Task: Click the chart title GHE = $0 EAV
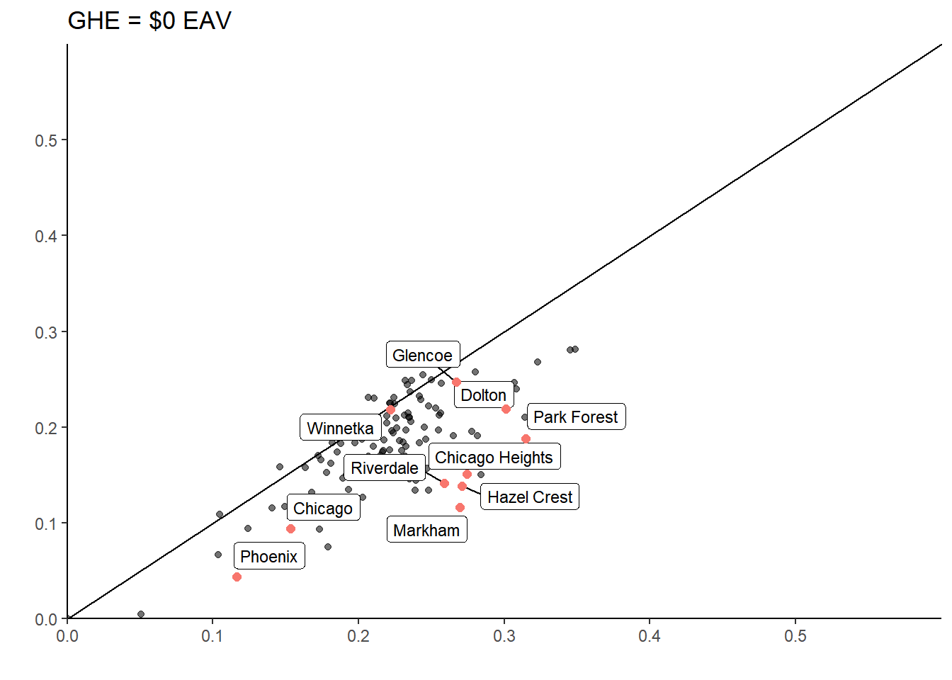(x=149, y=21)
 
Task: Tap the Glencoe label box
(x=422, y=355)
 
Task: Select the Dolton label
(x=483, y=395)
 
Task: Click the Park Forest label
(x=575, y=417)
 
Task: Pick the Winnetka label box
(x=340, y=429)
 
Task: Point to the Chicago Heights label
(x=494, y=457)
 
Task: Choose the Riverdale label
(x=384, y=468)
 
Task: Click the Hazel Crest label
(x=529, y=497)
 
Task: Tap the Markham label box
(x=426, y=531)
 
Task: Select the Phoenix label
(x=268, y=557)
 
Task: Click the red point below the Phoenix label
(x=237, y=577)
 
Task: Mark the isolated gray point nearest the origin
(x=141, y=614)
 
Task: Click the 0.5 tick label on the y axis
(x=46, y=140)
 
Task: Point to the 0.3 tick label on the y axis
(x=46, y=332)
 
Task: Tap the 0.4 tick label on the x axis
(x=650, y=636)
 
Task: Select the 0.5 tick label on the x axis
(x=795, y=636)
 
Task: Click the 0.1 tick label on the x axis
(x=212, y=636)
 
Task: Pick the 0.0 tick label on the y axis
(x=46, y=620)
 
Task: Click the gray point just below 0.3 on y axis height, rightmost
(x=575, y=349)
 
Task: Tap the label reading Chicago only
(x=323, y=509)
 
